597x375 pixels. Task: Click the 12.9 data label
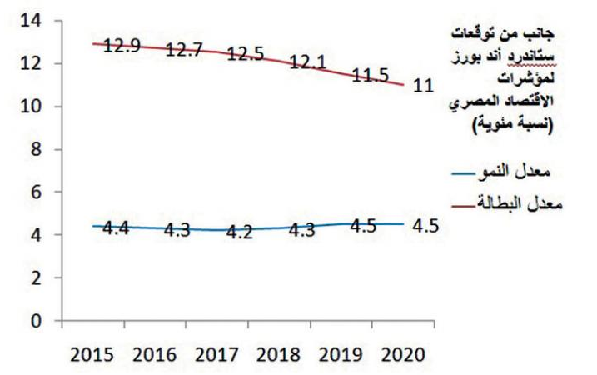pyautogui.click(x=122, y=47)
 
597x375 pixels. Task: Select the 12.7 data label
pyautogui.click(x=186, y=50)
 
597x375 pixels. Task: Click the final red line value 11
pyautogui.click(x=424, y=86)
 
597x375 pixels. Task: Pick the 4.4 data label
pyautogui.click(x=122, y=227)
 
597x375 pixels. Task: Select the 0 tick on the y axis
pyautogui.click(x=37, y=320)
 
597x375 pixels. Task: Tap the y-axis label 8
pyautogui.click(x=37, y=149)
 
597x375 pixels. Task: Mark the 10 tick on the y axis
pyautogui.click(x=32, y=107)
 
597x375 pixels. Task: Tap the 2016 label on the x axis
pyautogui.click(x=155, y=352)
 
